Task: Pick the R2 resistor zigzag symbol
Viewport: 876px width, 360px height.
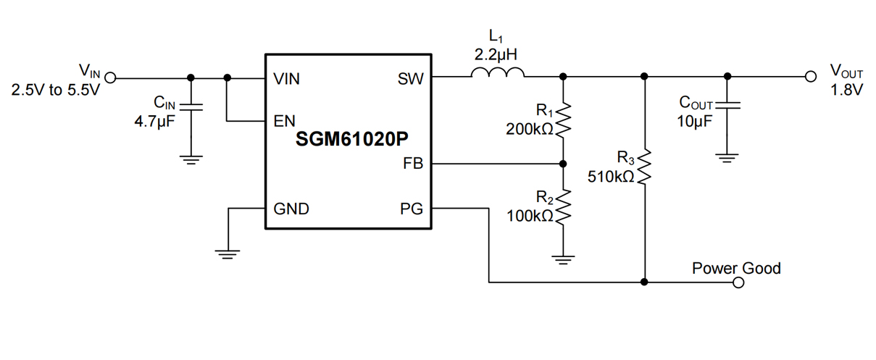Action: [x=563, y=206]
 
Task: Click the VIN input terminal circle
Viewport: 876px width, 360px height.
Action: [x=111, y=78]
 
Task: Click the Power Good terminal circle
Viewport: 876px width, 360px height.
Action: [x=738, y=282]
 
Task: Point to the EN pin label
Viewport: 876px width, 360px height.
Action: [x=284, y=121]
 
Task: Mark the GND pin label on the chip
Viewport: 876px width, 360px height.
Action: [x=291, y=209]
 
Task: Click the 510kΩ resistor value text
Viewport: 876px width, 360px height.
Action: [x=611, y=176]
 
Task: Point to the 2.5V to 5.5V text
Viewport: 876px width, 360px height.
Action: [x=55, y=92]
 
